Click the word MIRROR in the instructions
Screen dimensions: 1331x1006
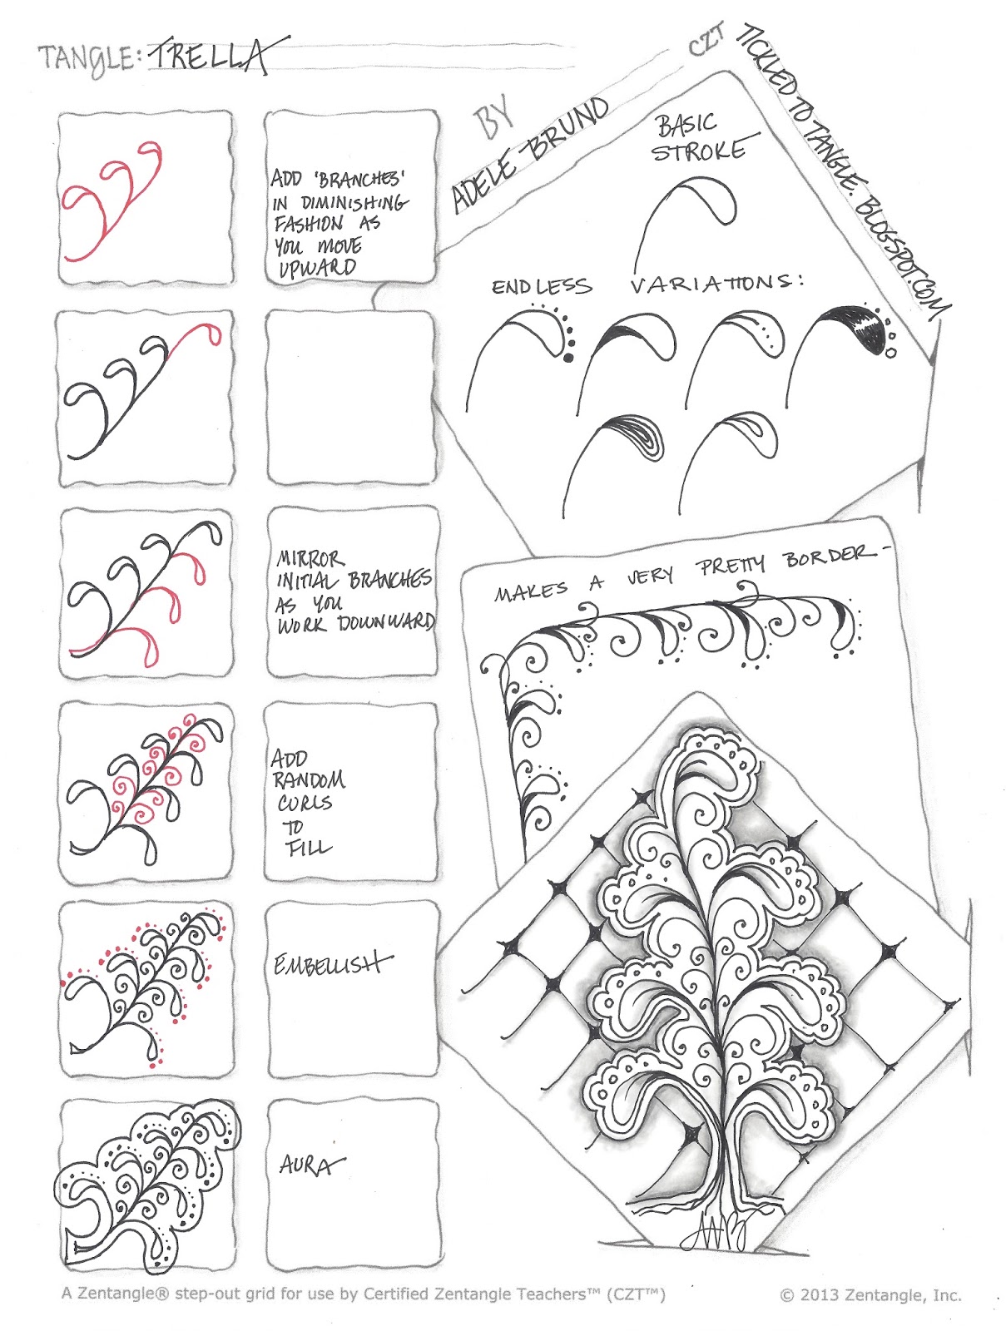(310, 558)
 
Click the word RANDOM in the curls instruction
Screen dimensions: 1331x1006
(309, 780)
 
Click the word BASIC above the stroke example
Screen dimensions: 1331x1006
(686, 125)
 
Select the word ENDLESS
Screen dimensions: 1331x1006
(542, 287)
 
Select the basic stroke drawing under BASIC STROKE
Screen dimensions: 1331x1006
(686, 220)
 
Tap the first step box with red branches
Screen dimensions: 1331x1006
(146, 198)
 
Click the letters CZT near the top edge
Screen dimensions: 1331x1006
(706, 41)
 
